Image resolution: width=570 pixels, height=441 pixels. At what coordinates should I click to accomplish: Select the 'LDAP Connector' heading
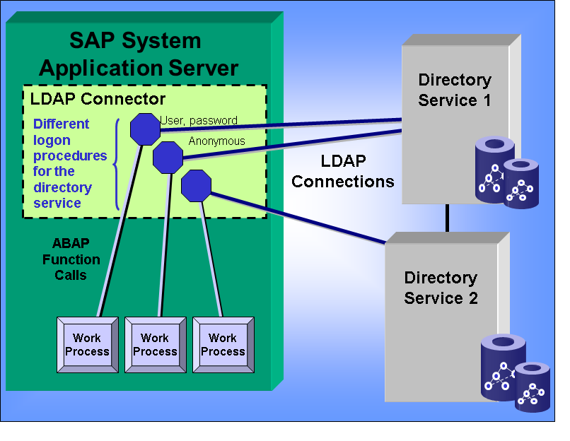[x=98, y=99]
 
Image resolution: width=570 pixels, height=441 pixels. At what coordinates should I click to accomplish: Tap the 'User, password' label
[x=199, y=121]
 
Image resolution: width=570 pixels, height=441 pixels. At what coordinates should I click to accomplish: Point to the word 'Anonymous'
[x=216, y=141]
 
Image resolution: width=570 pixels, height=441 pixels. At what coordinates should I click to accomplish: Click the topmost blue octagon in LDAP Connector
[x=146, y=129]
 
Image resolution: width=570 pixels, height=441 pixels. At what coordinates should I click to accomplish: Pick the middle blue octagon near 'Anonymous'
[x=168, y=156]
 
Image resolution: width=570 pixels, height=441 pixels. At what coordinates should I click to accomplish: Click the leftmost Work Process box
[x=87, y=345]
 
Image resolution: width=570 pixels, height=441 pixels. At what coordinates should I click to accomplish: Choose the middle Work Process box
[x=155, y=345]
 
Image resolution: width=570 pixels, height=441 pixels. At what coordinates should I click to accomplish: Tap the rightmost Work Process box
[x=223, y=345]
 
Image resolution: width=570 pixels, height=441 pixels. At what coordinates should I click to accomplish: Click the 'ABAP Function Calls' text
[x=71, y=259]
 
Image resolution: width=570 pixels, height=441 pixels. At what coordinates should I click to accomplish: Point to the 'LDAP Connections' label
[x=343, y=171]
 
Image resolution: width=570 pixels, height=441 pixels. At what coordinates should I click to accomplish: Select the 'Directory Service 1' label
[x=455, y=90]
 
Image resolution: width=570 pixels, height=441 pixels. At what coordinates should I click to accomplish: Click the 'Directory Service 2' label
[x=441, y=288]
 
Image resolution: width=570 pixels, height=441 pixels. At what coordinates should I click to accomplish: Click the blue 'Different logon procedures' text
[x=70, y=163]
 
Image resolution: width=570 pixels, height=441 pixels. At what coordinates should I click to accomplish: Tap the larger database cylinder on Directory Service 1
[x=494, y=170]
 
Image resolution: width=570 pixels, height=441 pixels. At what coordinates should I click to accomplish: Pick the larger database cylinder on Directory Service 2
[x=503, y=367]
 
